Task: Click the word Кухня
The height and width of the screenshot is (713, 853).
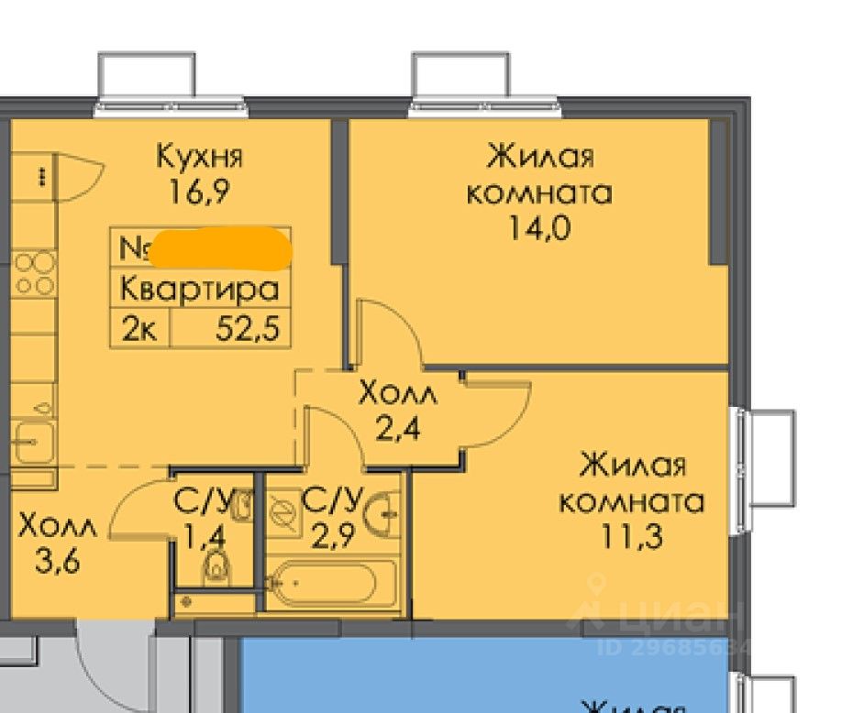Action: (199, 157)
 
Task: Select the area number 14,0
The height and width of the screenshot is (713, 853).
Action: (540, 226)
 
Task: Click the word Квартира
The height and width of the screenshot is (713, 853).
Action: (199, 291)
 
